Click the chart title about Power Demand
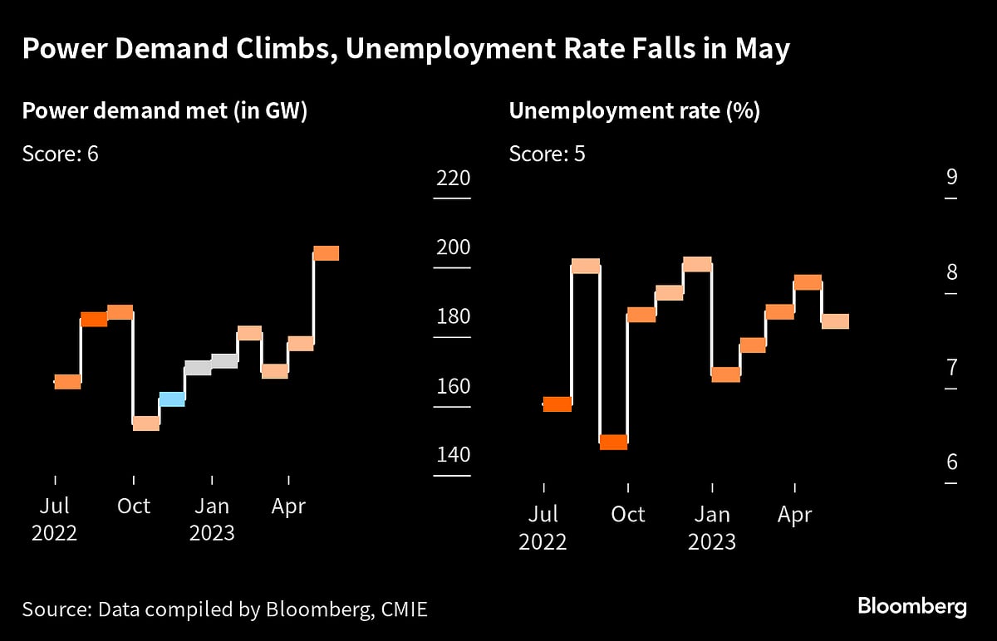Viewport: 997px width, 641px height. [x=405, y=50]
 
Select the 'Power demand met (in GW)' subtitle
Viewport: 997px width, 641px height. [x=165, y=111]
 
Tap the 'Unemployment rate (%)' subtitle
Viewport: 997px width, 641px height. [x=634, y=111]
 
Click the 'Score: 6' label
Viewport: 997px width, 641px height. [x=61, y=154]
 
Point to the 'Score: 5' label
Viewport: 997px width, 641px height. [x=547, y=154]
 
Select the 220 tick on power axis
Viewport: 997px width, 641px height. [x=452, y=179]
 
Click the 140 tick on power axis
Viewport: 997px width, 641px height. [x=452, y=455]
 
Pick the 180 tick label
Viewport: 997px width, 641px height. [x=452, y=317]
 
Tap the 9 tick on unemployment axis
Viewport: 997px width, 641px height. [x=951, y=177]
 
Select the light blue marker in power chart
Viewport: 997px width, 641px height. [x=172, y=399]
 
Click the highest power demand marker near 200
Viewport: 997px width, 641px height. [x=326, y=253]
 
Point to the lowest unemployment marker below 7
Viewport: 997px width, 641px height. [x=613, y=442]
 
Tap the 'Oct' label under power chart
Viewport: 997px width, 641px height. [x=133, y=506]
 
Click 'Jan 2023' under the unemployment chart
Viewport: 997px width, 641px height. [x=711, y=528]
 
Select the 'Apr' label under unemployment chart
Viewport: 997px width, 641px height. [x=794, y=515]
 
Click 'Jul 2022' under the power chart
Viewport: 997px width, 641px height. [x=55, y=519]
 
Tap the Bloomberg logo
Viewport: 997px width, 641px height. [x=911, y=606]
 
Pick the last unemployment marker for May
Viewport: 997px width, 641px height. [x=835, y=321]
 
